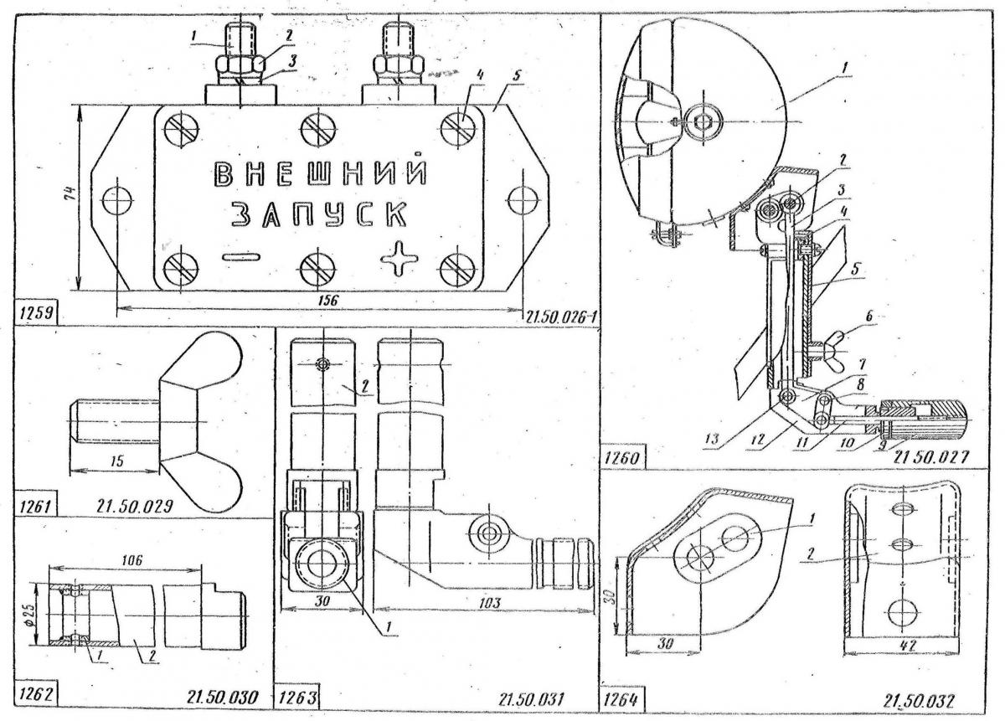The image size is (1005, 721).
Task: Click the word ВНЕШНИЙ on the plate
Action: tap(321, 174)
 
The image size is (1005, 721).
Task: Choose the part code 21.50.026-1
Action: tap(559, 317)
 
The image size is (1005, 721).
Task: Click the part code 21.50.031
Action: tap(531, 698)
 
